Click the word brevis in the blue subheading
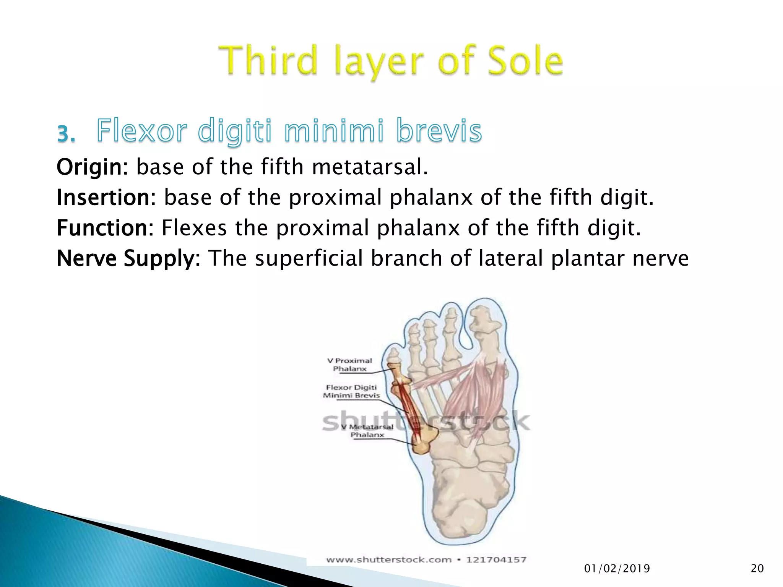coord(439,131)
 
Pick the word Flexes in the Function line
coord(194,228)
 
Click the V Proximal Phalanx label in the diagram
coord(349,365)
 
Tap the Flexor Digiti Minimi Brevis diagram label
coord(351,391)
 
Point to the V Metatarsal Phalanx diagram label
coord(367,431)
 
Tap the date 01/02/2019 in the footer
coord(617,569)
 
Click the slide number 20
coord(757,569)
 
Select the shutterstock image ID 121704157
coord(496,560)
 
